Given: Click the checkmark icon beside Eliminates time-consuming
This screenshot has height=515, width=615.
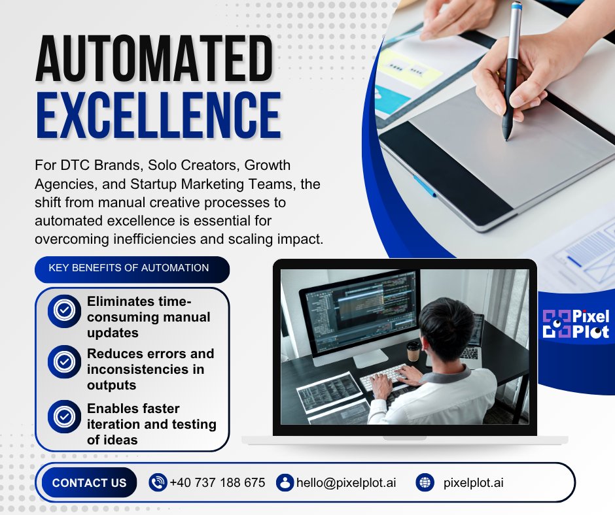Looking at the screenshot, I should (x=64, y=310).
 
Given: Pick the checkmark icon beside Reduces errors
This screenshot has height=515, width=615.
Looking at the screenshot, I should (x=64, y=361).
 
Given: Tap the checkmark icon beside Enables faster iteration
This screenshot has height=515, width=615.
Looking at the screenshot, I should (x=64, y=416).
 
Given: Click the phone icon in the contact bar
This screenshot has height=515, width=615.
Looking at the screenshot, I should (x=158, y=482).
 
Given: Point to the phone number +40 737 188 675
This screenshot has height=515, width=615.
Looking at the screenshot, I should (x=217, y=483).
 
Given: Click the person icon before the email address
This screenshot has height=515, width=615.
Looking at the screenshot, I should (x=285, y=482).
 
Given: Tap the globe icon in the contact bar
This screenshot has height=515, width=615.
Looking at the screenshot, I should (x=425, y=482).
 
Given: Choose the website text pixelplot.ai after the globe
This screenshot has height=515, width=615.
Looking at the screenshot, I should (x=474, y=483).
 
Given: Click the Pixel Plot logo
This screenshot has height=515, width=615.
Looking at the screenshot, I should (x=576, y=324).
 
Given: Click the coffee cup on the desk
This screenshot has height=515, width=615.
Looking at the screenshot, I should (x=413, y=351).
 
